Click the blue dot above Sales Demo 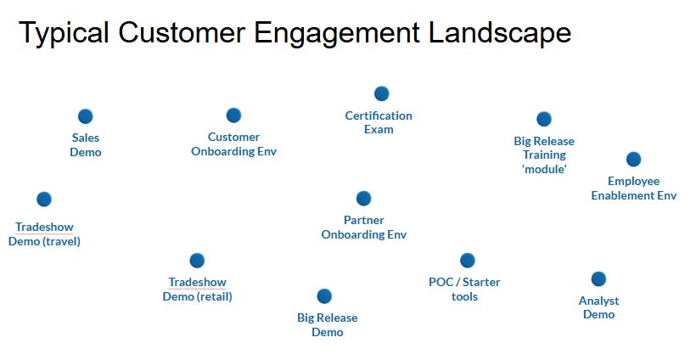coord(85,116)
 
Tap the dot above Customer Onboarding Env coord(233,115)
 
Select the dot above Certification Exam coord(381,93)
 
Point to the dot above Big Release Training coord(544,119)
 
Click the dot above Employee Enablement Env coord(633,159)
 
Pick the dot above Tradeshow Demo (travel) coord(44,199)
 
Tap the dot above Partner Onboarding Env coord(363,198)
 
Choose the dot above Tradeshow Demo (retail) coord(197,261)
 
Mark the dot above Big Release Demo coord(323,296)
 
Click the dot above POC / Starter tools coord(467,260)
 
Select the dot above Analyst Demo coord(598,278)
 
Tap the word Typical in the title coord(65,33)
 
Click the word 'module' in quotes coord(544,169)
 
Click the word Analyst coord(598,301)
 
